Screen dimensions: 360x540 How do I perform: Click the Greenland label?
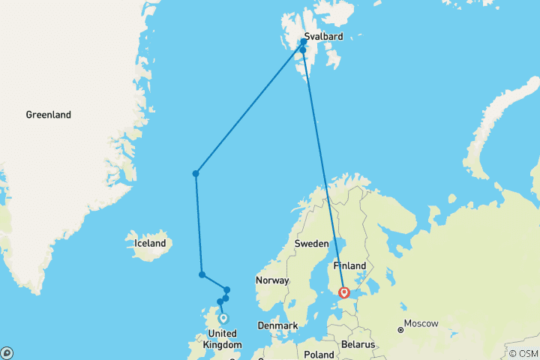[x=48, y=115]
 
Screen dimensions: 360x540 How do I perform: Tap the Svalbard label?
[x=324, y=36]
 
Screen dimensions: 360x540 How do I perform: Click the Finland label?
[x=349, y=265]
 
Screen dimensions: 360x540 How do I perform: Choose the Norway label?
[x=272, y=280]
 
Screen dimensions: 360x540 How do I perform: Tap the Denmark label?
[x=277, y=325]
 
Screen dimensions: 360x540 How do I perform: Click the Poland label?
[x=319, y=354]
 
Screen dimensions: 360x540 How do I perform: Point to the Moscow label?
[x=421, y=324]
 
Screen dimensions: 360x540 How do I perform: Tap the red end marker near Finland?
[x=343, y=292]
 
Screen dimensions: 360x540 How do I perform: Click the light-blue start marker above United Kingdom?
[x=223, y=318]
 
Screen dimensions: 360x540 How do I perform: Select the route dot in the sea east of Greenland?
[x=196, y=173]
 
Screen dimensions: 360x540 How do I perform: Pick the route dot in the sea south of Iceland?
[x=202, y=274]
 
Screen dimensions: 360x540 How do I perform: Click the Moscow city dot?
[x=400, y=329]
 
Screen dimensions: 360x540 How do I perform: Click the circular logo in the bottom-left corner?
[x=7, y=352]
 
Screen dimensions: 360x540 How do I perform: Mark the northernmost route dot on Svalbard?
[x=304, y=42]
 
